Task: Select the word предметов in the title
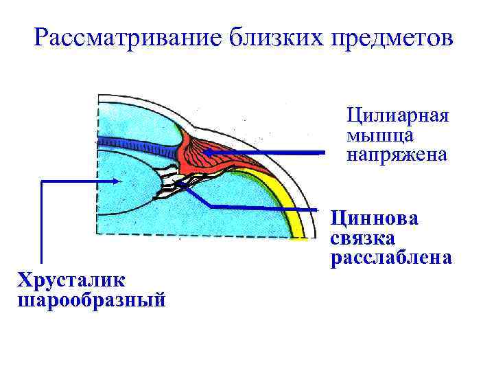(392, 38)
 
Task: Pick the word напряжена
(397, 155)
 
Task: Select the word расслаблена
(391, 258)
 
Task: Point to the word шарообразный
(92, 300)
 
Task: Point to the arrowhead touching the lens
(121, 181)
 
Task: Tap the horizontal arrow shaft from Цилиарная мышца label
(274, 153)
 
